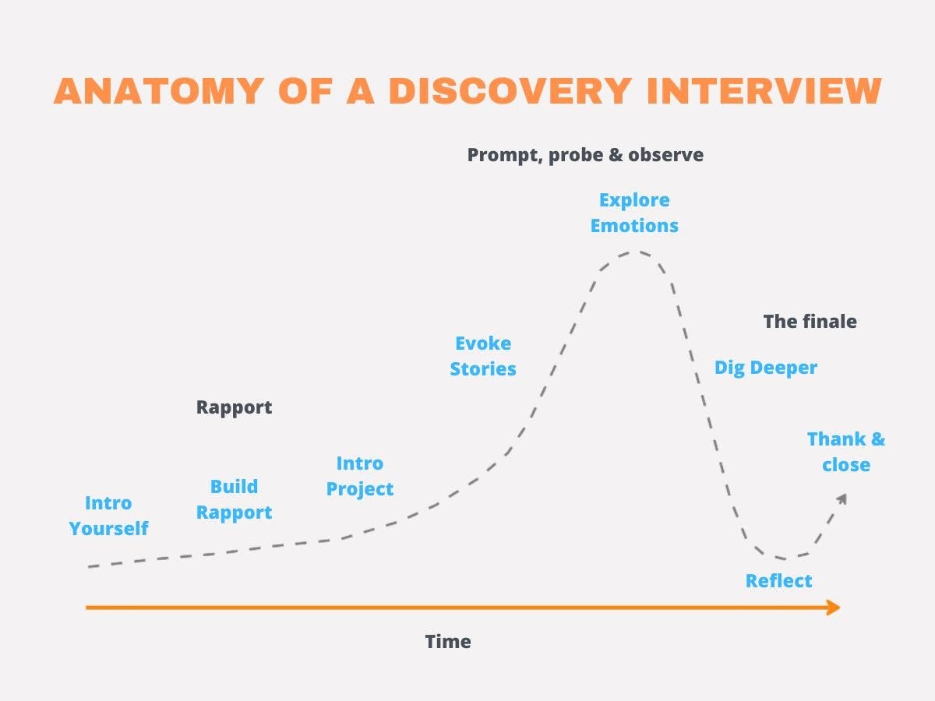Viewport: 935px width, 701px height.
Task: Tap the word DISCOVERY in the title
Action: [x=508, y=90]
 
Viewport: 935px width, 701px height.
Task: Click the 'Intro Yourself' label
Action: [x=108, y=516]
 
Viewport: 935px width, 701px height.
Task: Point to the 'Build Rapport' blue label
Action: [x=234, y=499]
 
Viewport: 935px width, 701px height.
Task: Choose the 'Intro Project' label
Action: [x=360, y=476]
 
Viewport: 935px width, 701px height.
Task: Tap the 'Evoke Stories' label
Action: [x=483, y=356]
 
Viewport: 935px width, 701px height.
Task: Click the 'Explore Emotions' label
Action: [x=634, y=213]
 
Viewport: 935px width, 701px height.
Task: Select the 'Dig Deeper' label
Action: [x=766, y=368]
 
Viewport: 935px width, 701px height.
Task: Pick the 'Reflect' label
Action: [x=778, y=581]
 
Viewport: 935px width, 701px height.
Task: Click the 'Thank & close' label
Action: [x=846, y=452]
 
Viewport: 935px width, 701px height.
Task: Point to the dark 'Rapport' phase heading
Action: [x=234, y=407]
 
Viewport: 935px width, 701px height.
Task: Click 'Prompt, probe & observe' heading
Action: [x=585, y=155]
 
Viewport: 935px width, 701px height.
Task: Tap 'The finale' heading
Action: [x=810, y=322]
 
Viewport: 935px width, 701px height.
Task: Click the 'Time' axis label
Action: [x=448, y=642]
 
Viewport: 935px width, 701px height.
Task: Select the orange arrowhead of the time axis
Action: [x=834, y=608]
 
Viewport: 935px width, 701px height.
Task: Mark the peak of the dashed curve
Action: [x=636, y=252]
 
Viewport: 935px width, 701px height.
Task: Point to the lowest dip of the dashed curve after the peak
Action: [x=783, y=558]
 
